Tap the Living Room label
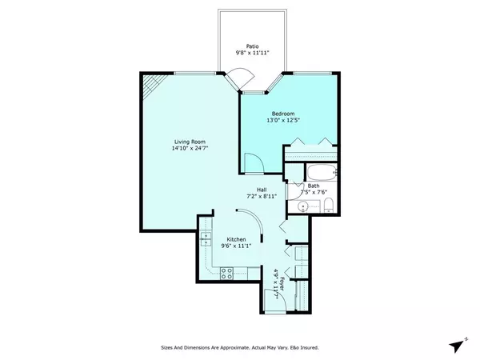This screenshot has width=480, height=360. (x=186, y=141)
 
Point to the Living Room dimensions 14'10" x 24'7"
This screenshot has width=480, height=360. (x=186, y=148)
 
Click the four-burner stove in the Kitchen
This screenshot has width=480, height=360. (x=226, y=272)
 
